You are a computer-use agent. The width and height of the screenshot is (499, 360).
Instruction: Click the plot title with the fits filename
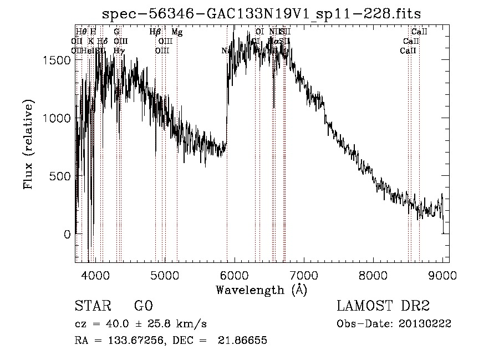[x=262, y=13]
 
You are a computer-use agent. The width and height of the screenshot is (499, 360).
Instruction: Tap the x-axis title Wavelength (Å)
[x=262, y=290]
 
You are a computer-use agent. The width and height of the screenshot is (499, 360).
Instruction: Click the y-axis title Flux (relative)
[x=28, y=144]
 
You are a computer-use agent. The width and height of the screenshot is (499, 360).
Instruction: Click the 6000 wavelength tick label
[x=235, y=275]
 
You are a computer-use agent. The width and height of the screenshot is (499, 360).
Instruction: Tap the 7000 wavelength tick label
[x=304, y=275]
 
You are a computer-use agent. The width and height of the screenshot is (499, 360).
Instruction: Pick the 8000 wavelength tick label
[x=373, y=275]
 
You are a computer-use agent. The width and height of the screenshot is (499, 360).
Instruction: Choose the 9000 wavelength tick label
[x=442, y=275]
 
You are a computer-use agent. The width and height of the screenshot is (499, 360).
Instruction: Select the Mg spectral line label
[x=177, y=32]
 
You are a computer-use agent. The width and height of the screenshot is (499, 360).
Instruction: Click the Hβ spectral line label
[x=155, y=32]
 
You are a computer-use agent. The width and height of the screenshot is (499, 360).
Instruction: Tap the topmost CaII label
[x=419, y=32]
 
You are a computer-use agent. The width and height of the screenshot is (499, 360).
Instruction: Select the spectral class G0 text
[x=143, y=307]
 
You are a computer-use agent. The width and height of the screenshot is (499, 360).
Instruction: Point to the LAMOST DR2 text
[x=383, y=307]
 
